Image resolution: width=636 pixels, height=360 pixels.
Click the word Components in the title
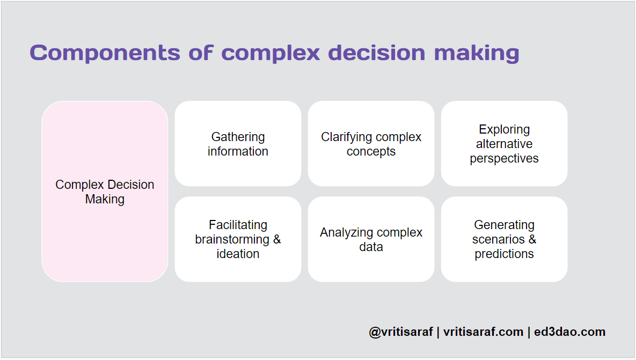click(x=105, y=53)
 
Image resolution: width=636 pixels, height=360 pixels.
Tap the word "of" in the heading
click(x=200, y=53)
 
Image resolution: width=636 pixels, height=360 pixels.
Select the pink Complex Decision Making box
click(x=105, y=192)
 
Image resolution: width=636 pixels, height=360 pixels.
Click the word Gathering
click(x=238, y=137)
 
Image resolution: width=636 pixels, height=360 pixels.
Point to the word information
click(x=238, y=151)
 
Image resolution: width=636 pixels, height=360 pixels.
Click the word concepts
click(x=371, y=151)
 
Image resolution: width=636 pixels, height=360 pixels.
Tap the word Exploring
click(x=504, y=129)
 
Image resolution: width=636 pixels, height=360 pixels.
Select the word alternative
click(x=504, y=144)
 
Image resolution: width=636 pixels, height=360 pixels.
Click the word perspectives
click(x=504, y=158)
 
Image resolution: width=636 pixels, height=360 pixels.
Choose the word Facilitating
click(x=238, y=225)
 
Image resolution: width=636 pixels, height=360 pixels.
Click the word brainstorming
click(x=232, y=239)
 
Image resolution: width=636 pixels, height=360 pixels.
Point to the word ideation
click(x=238, y=254)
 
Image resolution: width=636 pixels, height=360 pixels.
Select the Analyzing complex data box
click(x=371, y=239)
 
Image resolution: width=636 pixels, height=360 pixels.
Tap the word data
click(x=371, y=247)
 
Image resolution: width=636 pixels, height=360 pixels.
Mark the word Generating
click(x=504, y=225)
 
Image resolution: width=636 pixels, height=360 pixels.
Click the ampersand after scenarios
click(x=532, y=239)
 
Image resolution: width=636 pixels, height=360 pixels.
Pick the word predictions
click(x=504, y=254)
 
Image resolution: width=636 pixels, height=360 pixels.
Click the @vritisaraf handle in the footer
click(x=401, y=332)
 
